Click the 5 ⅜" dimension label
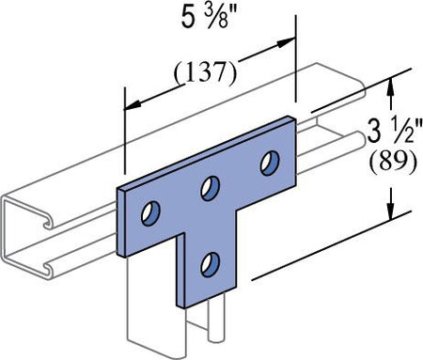tap(209, 18)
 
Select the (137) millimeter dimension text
tap(205, 73)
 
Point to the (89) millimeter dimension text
tap(394, 162)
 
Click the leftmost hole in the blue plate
tap(150, 214)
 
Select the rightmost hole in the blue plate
tap(270, 164)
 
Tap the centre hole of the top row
tap(211, 188)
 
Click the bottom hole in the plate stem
tap(211, 264)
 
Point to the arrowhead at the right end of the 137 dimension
tap(287, 42)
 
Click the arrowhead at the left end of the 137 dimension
tap(134, 105)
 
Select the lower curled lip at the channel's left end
tap(47, 269)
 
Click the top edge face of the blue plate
tap(207, 153)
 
